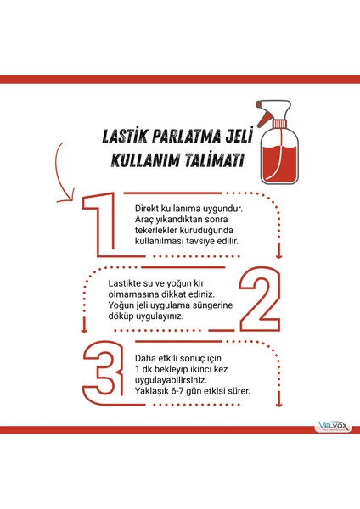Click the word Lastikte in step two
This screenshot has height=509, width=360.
click(x=127, y=282)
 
